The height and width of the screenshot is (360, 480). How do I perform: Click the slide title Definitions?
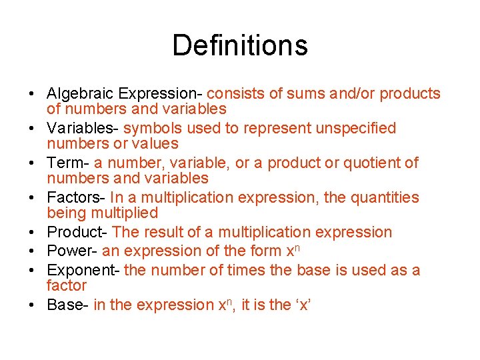point(240,45)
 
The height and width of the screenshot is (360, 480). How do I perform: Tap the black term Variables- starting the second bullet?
point(83,128)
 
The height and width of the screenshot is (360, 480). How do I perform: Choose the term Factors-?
point(77,197)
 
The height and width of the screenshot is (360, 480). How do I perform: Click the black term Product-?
point(77,233)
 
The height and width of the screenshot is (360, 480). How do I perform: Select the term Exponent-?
point(83,270)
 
